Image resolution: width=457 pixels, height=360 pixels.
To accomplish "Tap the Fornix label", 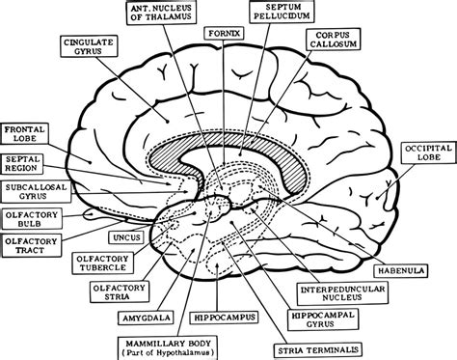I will [221, 32].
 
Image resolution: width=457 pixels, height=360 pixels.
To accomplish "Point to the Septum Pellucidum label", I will [277, 14].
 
